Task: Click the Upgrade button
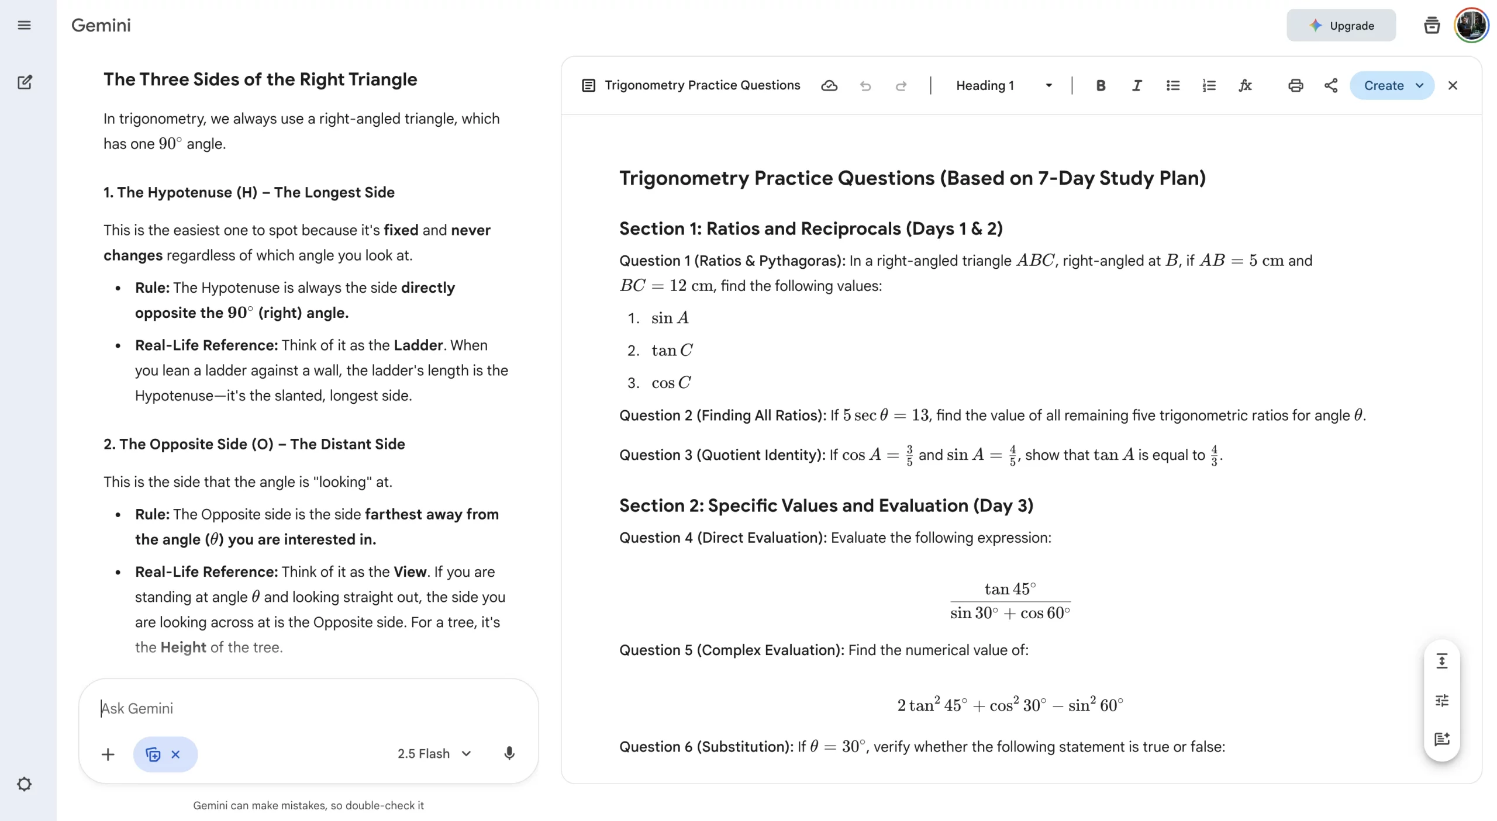pyautogui.click(x=1340, y=26)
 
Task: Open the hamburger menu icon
pyautogui.click(x=24, y=25)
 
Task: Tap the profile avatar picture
pyautogui.click(x=1471, y=25)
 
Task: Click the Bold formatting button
pyautogui.click(x=1100, y=86)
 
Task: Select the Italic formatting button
pyautogui.click(x=1136, y=86)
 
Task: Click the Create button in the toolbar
pyautogui.click(x=1384, y=86)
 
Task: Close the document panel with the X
pyautogui.click(x=1453, y=86)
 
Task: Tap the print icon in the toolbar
pyautogui.click(x=1295, y=86)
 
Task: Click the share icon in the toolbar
pyautogui.click(x=1331, y=86)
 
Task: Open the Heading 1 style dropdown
pyautogui.click(x=1003, y=86)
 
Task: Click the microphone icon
pyautogui.click(x=509, y=753)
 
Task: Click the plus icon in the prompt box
pyautogui.click(x=108, y=754)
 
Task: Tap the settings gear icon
pyautogui.click(x=24, y=784)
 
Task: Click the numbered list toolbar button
pyautogui.click(x=1209, y=86)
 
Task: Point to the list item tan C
pyautogui.click(x=672, y=351)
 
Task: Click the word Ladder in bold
pyautogui.click(x=418, y=345)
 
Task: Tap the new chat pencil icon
pyautogui.click(x=25, y=82)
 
